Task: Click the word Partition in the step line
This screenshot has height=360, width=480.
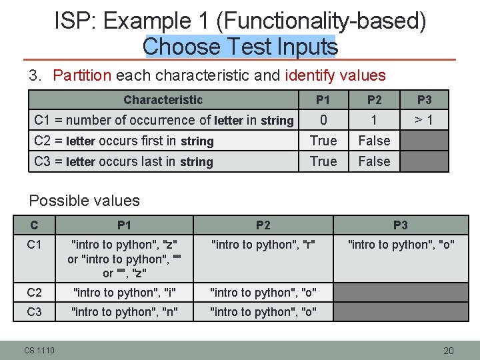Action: [82, 75]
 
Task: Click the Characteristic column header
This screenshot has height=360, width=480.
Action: [163, 100]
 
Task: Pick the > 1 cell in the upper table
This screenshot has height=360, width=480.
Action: [424, 120]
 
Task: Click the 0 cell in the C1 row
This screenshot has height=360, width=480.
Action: [323, 120]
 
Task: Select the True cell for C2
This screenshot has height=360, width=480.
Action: [323, 141]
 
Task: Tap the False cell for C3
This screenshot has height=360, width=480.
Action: [374, 161]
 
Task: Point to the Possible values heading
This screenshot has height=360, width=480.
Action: [85, 201]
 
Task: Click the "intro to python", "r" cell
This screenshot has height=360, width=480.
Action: [263, 245]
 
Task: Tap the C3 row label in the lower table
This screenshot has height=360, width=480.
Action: [35, 312]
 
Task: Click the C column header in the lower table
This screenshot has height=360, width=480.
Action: [35, 225]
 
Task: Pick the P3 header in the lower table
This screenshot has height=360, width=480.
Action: [400, 225]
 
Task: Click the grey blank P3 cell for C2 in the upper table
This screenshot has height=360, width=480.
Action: [424, 141]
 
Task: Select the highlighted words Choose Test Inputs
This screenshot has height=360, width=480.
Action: [240, 47]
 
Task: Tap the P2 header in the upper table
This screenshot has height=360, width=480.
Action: [374, 100]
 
